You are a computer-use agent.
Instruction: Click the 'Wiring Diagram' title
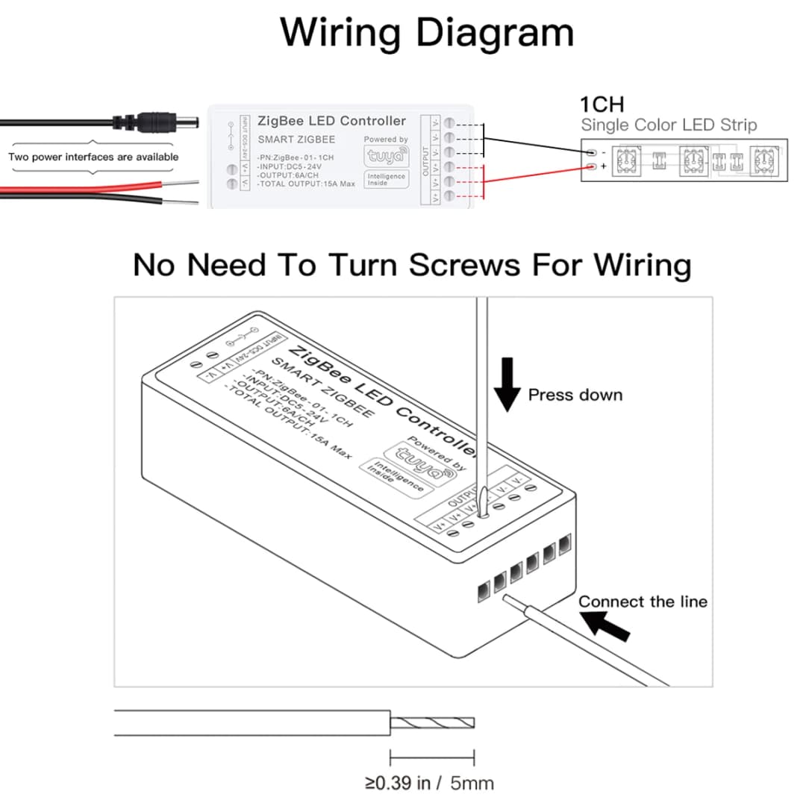click(427, 34)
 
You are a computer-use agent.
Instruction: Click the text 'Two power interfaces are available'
click(93, 157)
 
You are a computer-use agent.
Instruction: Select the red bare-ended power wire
click(97, 187)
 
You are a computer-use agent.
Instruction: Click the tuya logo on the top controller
click(386, 156)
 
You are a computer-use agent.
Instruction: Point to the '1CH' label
click(602, 104)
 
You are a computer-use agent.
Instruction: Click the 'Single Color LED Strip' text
click(669, 125)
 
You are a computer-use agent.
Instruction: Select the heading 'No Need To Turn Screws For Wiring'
click(412, 265)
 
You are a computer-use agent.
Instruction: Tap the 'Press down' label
click(575, 395)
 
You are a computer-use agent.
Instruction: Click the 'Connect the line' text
click(643, 602)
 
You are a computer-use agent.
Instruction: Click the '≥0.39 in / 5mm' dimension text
click(429, 783)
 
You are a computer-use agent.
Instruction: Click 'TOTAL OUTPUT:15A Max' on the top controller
click(306, 184)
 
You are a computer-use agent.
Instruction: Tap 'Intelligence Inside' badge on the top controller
click(387, 180)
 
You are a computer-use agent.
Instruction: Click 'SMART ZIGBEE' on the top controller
click(296, 140)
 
